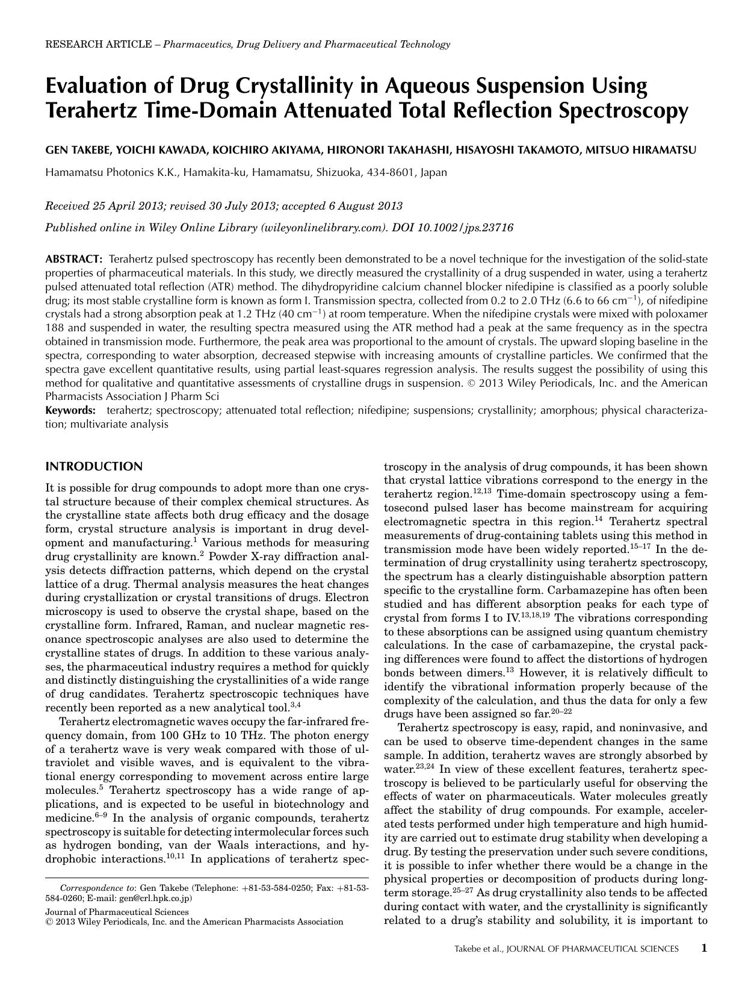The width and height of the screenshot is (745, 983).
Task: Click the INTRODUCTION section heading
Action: [x=94, y=466]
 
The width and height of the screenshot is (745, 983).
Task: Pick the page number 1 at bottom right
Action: [x=703, y=948]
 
